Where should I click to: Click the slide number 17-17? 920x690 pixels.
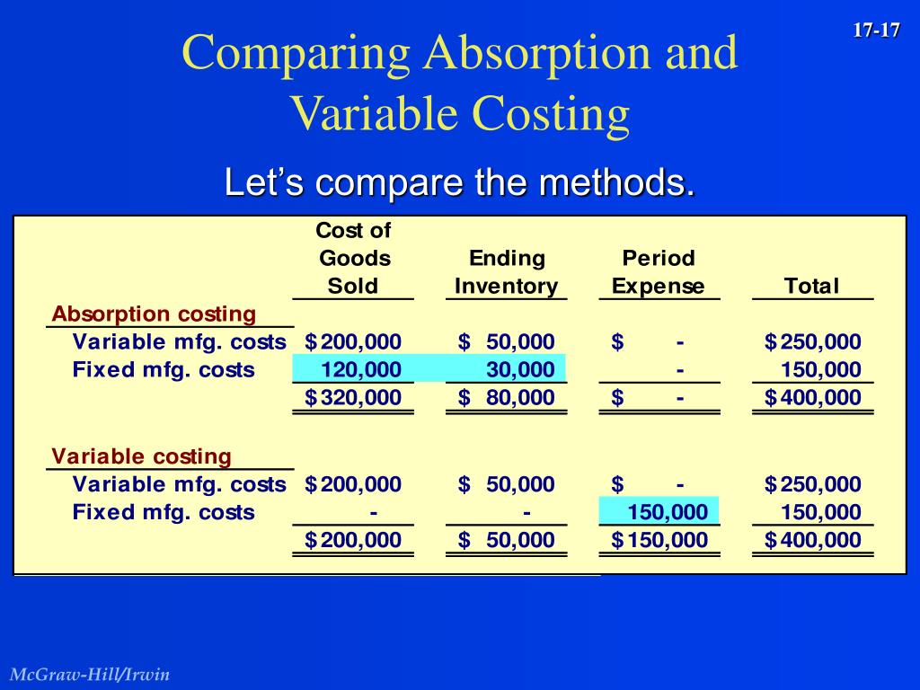[x=876, y=31]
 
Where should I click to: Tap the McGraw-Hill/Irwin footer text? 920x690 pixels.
[x=90, y=675]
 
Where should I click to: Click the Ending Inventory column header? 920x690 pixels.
[x=507, y=272]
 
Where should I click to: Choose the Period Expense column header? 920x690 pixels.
[x=659, y=272]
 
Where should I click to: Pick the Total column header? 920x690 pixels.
[x=811, y=287]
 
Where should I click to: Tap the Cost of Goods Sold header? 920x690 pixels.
[x=353, y=259]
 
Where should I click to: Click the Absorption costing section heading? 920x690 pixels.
[x=154, y=314]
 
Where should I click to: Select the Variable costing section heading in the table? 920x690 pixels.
[x=141, y=456]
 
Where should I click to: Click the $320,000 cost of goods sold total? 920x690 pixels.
[x=354, y=398]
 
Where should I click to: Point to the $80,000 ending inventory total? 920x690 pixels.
[x=507, y=398]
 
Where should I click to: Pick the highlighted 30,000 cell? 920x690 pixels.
[x=520, y=369]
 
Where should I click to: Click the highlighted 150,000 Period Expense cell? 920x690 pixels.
[x=668, y=513]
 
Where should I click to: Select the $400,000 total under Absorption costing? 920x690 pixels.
[x=813, y=398]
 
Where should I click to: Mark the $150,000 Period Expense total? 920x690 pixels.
[x=660, y=541]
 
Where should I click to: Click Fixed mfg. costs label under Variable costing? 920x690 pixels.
[x=164, y=513]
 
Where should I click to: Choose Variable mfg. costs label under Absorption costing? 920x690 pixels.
[x=179, y=341]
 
